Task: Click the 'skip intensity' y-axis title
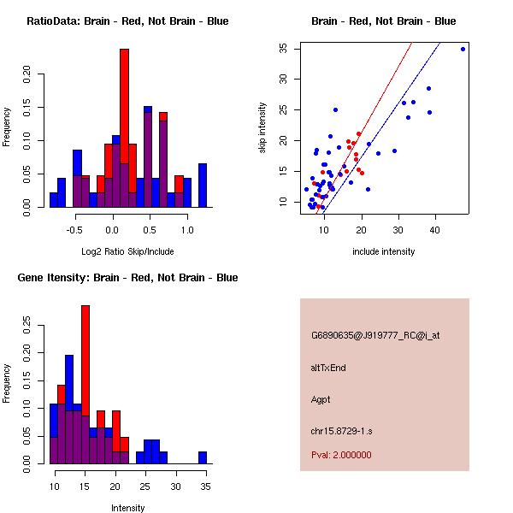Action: click(x=262, y=128)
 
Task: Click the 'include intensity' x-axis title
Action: click(x=383, y=251)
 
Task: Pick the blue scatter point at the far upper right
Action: click(x=463, y=49)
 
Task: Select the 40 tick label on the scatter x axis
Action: click(x=435, y=230)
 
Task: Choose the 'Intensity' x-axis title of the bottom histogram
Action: click(x=127, y=507)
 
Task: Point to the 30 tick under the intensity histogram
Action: click(x=175, y=486)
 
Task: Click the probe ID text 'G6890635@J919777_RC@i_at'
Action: click(x=375, y=336)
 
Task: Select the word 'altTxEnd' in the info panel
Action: click(x=328, y=368)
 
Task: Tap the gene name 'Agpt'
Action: click(x=321, y=399)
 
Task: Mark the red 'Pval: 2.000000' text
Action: click(x=341, y=455)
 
